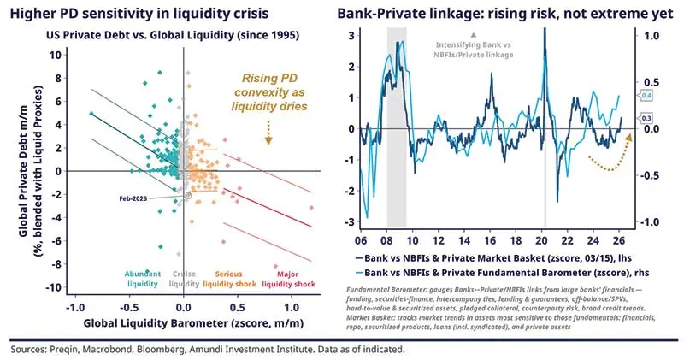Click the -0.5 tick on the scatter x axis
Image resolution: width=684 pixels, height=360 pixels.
coord(129,306)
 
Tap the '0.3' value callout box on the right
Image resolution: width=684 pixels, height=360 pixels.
coord(646,118)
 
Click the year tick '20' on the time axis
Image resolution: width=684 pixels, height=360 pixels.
coord(545,243)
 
